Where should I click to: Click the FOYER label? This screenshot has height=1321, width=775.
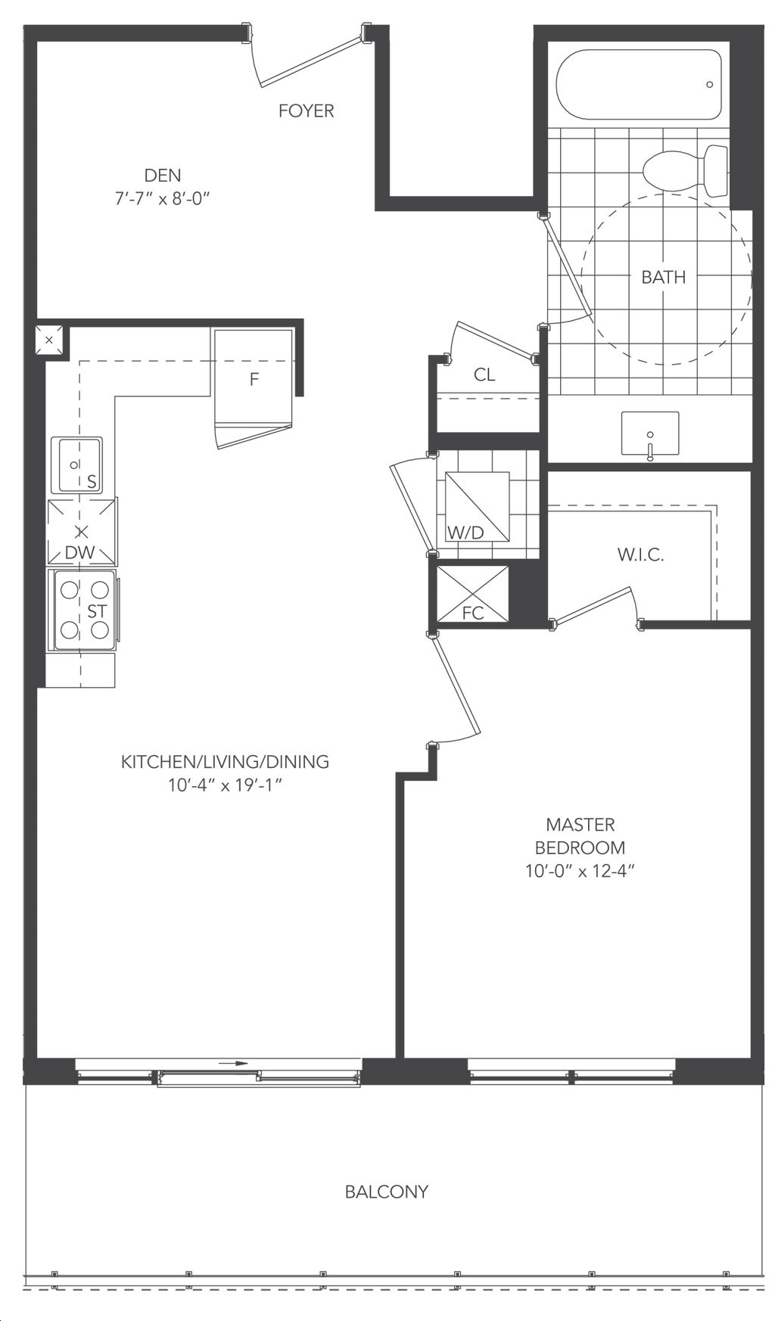[306, 111]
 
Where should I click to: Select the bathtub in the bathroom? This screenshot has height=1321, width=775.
[639, 85]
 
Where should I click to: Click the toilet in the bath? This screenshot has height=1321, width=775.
[685, 170]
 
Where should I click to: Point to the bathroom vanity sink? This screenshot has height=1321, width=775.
[649, 434]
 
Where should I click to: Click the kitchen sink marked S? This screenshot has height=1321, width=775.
[76, 465]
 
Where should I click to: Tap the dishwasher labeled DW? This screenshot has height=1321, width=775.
[82, 532]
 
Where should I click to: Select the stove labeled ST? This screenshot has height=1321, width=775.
[83, 610]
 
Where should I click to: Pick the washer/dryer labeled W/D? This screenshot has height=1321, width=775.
[477, 506]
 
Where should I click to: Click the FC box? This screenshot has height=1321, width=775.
[473, 594]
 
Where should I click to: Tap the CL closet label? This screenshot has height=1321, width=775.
[484, 375]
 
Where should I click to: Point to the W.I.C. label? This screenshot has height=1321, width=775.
[640, 555]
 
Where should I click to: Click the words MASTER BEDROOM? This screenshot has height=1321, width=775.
[580, 836]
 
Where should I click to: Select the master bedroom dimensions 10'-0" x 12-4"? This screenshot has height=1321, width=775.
[580, 872]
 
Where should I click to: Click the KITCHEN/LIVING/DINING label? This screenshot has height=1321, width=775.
[226, 762]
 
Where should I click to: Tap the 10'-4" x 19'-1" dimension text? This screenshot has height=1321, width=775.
[226, 785]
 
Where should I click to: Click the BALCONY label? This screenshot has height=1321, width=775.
[387, 1192]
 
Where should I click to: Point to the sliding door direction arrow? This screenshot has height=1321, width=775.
[234, 1064]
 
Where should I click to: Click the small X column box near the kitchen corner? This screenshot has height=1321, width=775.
[50, 340]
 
